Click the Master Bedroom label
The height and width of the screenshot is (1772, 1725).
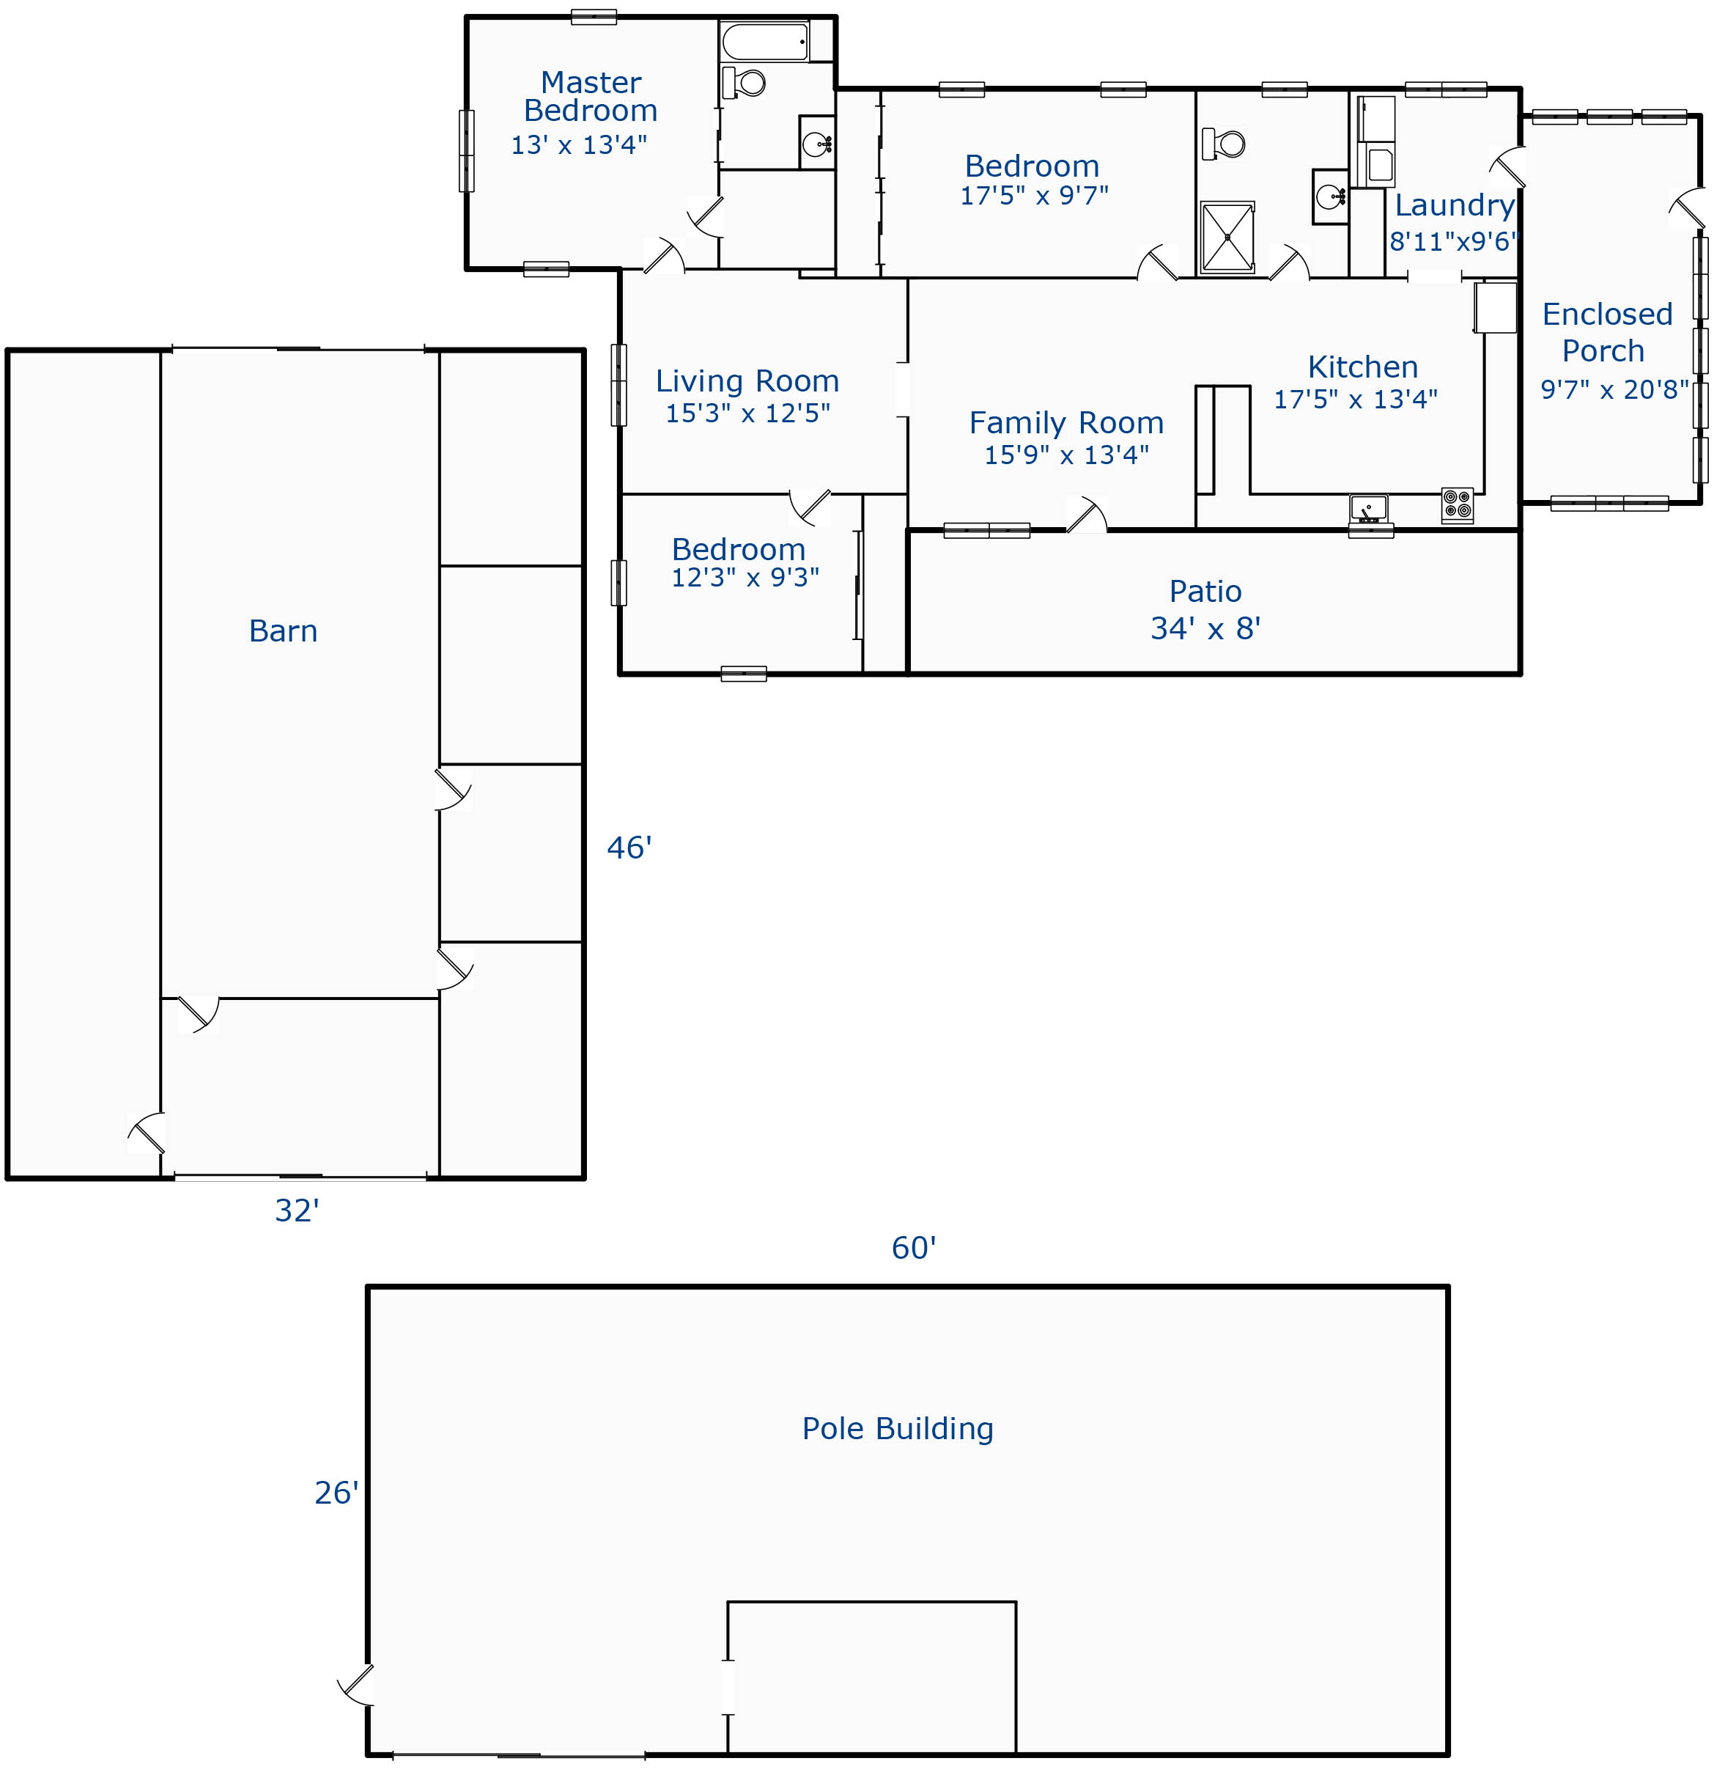coord(591,96)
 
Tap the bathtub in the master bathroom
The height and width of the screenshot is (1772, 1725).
coord(766,42)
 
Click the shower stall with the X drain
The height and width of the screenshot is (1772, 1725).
coord(1227,238)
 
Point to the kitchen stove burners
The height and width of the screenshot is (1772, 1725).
coord(1457,505)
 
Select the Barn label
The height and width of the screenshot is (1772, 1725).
coord(284,631)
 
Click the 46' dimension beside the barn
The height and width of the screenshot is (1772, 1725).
coord(629,848)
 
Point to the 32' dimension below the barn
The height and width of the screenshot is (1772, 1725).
coord(298,1210)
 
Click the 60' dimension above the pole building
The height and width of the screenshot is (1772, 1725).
coord(913,1248)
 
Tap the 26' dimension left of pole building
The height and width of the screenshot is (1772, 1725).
coord(336,1493)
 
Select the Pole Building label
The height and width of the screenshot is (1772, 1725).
coord(898,1428)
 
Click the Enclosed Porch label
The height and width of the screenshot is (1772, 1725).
coord(1607,331)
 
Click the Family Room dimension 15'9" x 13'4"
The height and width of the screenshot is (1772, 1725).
coord(1066,454)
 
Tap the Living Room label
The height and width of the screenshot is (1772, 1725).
coord(747,380)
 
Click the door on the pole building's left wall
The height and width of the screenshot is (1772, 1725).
coord(355,1684)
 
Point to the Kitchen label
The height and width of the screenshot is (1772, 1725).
coord(1362,367)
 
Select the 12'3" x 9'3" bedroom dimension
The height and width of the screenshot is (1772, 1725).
coord(745,578)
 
